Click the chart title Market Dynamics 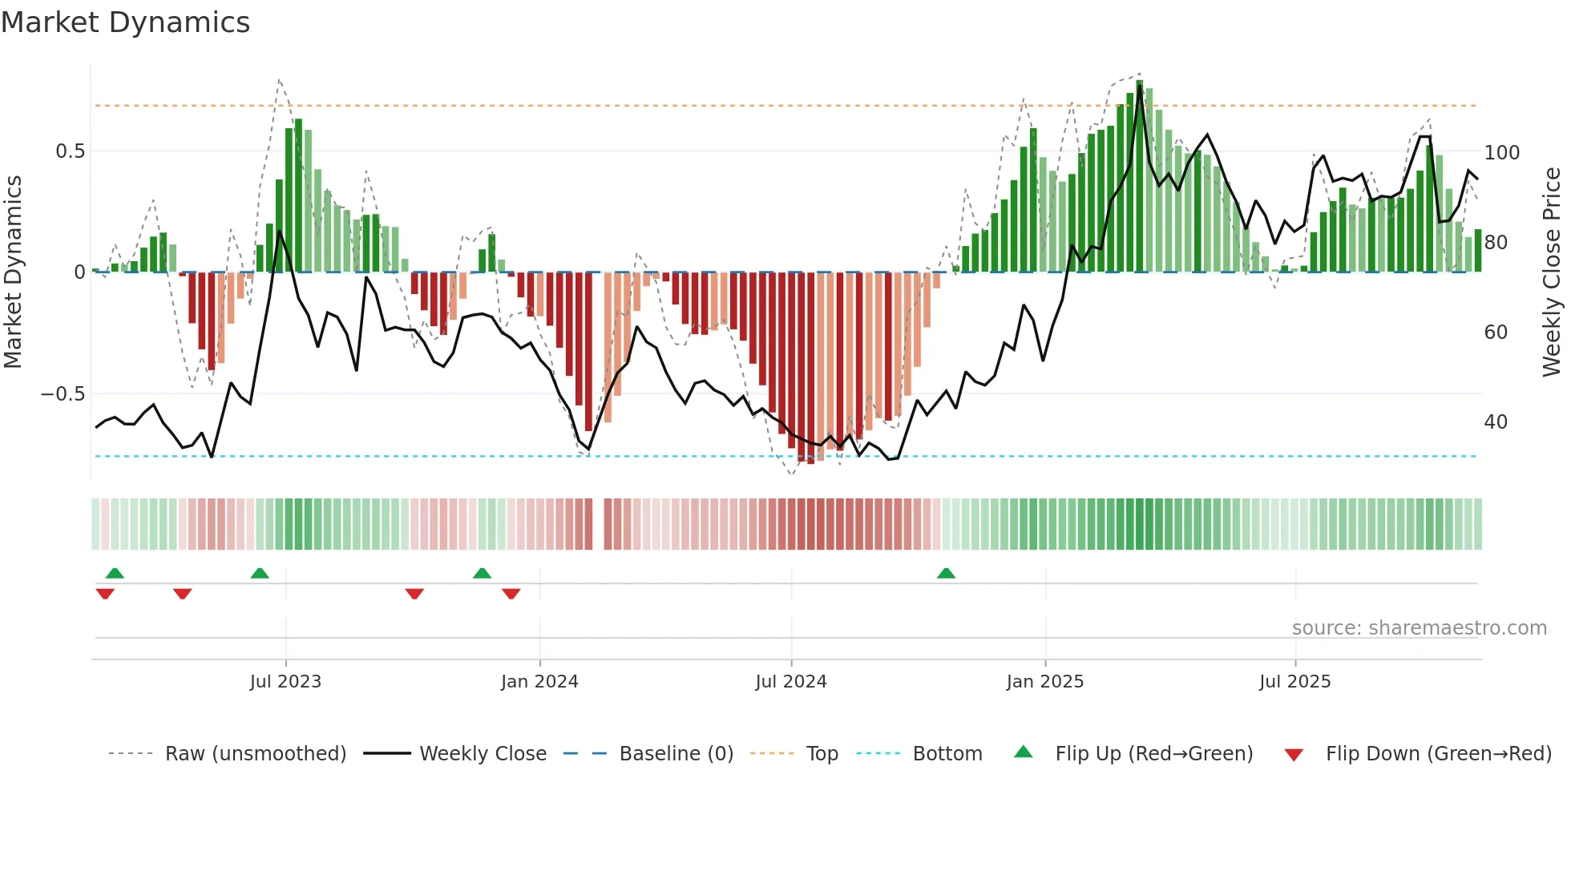(125, 22)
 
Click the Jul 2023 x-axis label (285, 682)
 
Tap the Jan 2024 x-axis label (539, 682)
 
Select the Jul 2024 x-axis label (790, 682)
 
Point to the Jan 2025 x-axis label (1044, 682)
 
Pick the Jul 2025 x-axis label (1294, 682)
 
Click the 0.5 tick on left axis (70, 151)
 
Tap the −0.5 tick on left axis (63, 394)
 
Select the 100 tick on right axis (1501, 152)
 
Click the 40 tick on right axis (1496, 422)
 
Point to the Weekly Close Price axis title (1552, 272)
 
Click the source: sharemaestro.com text (1419, 628)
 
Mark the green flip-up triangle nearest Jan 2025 (946, 574)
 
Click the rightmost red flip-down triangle (511, 594)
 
